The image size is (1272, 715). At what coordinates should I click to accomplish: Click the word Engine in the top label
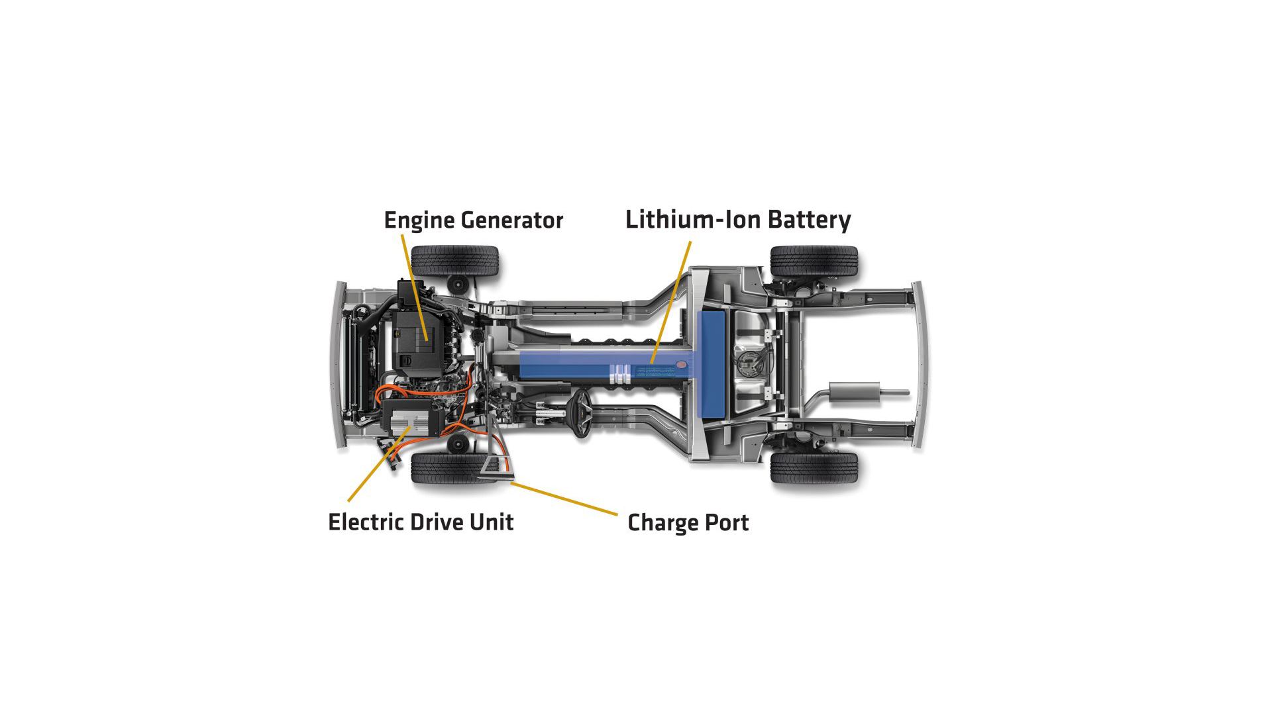[419, 220]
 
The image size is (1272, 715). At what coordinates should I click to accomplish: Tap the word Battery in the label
[810, 220]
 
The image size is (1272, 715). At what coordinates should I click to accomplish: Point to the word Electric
[366, 522]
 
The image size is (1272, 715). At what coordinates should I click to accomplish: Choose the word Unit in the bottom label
[492, 522]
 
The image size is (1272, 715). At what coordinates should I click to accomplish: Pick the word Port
[727, 523]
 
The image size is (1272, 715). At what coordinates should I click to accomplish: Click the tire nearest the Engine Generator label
[454, 260]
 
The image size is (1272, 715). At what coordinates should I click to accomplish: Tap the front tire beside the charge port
[454, 467]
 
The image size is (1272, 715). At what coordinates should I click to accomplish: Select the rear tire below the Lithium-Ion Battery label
[814, 261]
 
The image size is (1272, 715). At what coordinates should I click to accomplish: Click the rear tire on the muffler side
[814, 467]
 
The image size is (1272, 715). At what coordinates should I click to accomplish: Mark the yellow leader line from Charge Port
[564, 499]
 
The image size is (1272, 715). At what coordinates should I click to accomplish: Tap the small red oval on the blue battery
[682, 364]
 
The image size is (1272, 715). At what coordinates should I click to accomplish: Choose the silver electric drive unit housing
[411, 421]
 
